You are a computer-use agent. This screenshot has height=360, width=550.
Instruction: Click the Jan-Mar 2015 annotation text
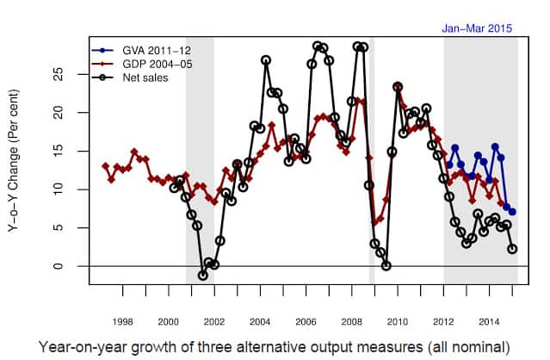click(x=477, y=28)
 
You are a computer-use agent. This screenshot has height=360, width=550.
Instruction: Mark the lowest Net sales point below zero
click(x=203, y=276)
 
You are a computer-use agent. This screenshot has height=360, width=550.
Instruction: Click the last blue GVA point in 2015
click(x=512, y=212)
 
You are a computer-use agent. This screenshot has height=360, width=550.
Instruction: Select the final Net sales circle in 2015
click(x=512, y=249)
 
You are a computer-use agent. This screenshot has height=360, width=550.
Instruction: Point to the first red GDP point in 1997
click(x=105, y=166)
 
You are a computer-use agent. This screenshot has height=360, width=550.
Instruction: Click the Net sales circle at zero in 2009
click(x=386, y=265)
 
